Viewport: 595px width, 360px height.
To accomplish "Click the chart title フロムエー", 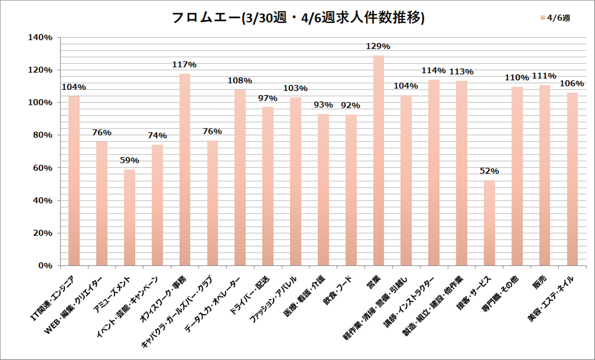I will [x=297, y=18].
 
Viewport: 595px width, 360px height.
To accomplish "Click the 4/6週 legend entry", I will [x=556, y=18].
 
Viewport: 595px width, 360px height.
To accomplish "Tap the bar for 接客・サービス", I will [x=489, y=223].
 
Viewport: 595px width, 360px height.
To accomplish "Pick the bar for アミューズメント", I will [x=129, y=217].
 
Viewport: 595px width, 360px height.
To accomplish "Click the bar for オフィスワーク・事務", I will [x=185, y=169].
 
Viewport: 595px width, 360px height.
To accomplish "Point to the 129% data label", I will [x=378, y=46].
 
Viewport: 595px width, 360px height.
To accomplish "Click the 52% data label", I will [x=489, y=171].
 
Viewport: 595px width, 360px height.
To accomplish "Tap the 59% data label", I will [x=129, y=160].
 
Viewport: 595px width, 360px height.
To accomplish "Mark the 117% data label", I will [x=184, y=65].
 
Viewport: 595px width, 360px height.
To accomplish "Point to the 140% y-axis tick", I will [x=40, y=38].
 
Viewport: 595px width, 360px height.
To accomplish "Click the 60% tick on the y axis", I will [x=43, y=168].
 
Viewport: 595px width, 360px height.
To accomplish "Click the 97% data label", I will [x=268, y=98].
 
